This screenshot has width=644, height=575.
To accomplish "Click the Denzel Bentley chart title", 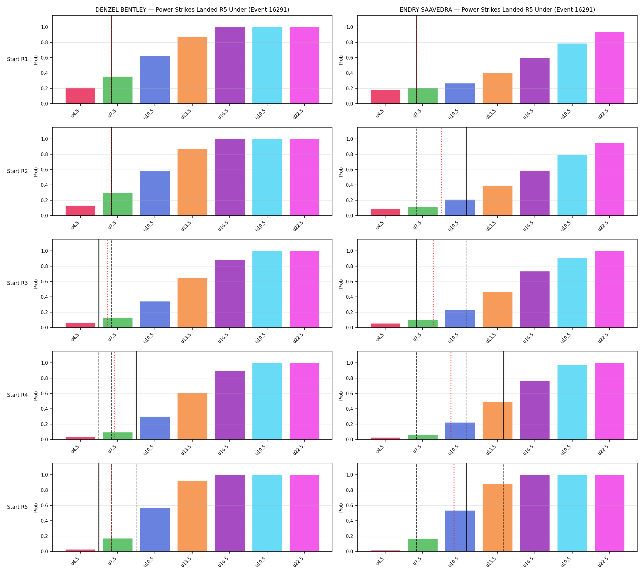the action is [x=192, y=10].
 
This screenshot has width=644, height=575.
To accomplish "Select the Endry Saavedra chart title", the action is [x=497, y=10].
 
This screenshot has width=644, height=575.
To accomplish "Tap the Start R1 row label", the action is [x=17, y=59].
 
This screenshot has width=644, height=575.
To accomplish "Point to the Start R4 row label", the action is [x=17, y=395].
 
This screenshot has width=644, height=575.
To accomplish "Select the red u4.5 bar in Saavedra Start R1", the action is [x=385, y=97].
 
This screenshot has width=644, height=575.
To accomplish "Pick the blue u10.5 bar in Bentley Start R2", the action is [x=155, y=193].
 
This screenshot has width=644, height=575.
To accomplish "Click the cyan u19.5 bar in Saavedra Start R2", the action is [x=572, y=185].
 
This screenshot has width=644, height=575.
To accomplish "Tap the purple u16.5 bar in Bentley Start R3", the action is [x=230, y=294].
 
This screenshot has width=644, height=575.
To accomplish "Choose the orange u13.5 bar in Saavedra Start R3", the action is [x=497, y=310].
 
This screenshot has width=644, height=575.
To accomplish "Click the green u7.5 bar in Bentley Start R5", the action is [x=117, y=545].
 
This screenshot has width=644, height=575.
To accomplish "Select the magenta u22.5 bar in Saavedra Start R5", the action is [x=609, y=513].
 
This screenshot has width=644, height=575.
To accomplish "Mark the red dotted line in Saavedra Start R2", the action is [x=441, y=171].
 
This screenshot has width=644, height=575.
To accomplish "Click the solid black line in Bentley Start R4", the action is [x=136, y=395].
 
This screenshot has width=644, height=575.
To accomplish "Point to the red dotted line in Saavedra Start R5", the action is [x=454, y=508].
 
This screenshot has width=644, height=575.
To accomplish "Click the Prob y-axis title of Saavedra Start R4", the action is [x=341, y=396].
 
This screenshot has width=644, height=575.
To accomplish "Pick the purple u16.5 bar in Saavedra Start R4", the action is [x=535, y=410].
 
